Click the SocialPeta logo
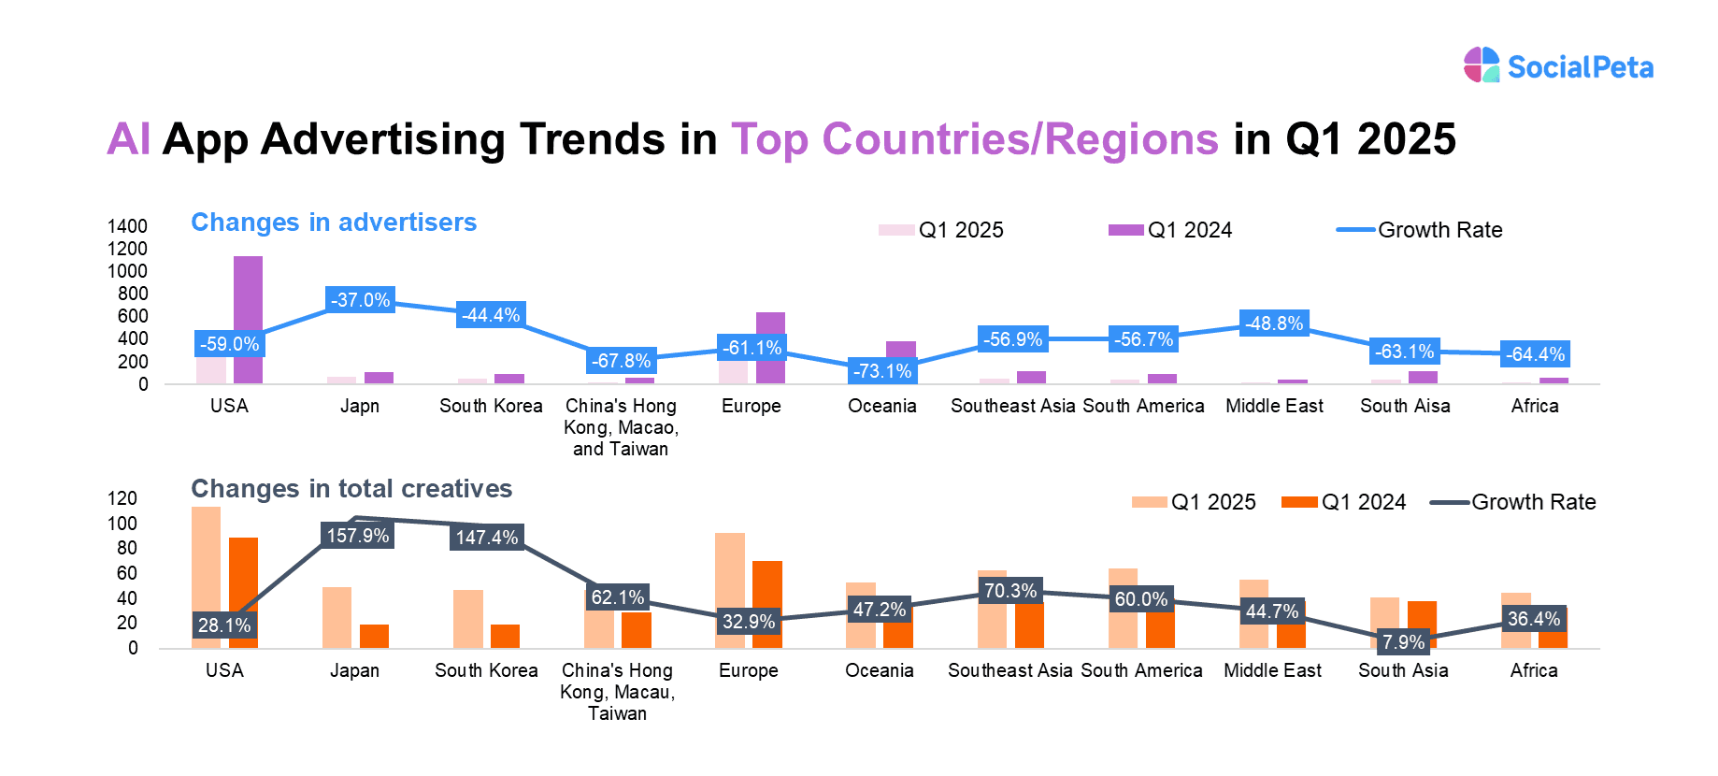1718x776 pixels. click(1557, 65)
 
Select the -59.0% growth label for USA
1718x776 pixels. click(229, 344)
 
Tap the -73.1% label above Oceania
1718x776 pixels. click(882, 371)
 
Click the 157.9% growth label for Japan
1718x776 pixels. click(357, 536)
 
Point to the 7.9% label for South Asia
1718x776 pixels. click(1403, 642)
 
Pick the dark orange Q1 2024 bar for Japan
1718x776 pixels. click(374, 636)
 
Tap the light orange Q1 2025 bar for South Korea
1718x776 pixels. click(467, 618)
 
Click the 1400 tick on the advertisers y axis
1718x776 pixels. click(127, 226)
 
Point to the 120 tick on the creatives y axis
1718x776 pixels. click(122, 498)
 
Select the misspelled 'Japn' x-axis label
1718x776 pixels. click(359, 406)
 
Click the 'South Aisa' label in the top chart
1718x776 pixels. click(1405, 406)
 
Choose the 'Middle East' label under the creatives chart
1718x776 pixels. click(1272, 670)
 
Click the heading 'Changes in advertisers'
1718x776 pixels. click(334, 223)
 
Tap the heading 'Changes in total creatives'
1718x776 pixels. click(351, 489)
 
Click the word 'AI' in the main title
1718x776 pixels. click(128, 139)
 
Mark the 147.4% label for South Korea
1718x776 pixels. click(486, 538)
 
